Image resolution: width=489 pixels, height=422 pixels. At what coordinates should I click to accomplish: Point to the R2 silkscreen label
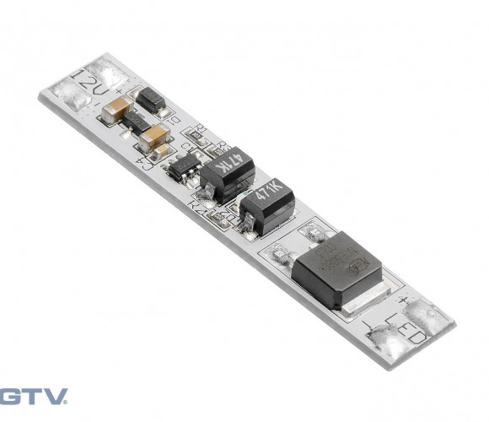tap(200, 203)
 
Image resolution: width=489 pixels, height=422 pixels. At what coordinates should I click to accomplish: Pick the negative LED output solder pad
tap(390, 343)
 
